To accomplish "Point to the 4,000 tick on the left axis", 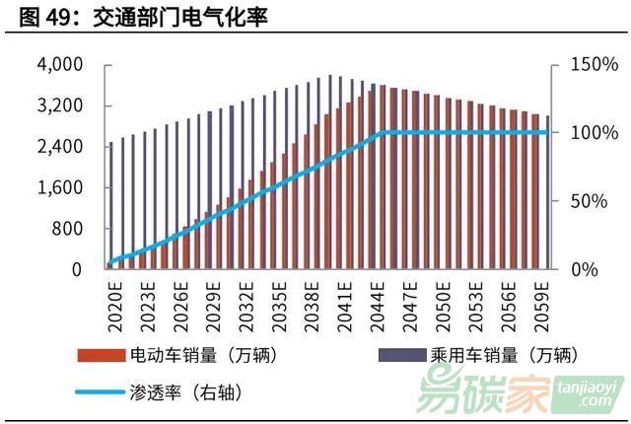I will (60, 65).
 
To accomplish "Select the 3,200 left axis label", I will (60, 106).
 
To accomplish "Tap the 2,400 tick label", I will (60, 147).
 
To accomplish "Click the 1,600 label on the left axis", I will (60, 187).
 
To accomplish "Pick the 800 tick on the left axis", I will (68, 229).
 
